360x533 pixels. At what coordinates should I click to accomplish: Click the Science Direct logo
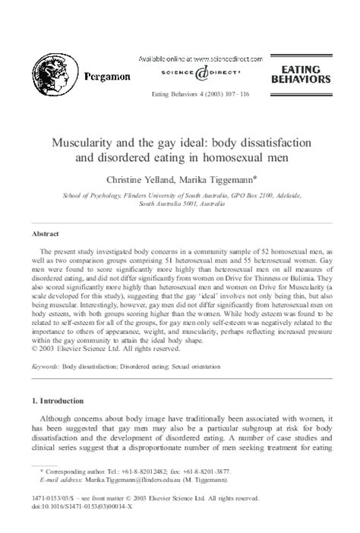click(199, 73)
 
